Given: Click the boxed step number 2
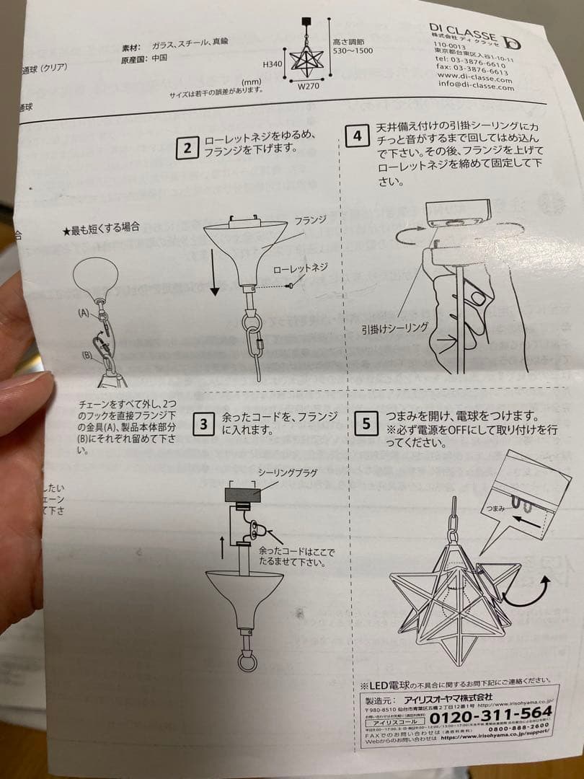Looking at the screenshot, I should [x=187, y=149].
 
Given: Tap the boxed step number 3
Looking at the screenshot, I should [x=205, y=424].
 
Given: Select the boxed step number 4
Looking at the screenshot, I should [x=357, y=136].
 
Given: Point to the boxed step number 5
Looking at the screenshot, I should [x=367, y=424].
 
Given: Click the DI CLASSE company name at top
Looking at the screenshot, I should [x=462, y=33].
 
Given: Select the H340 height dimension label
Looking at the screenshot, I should [x=273, y=64].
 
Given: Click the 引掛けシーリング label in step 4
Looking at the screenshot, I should [x=395, y=327].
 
